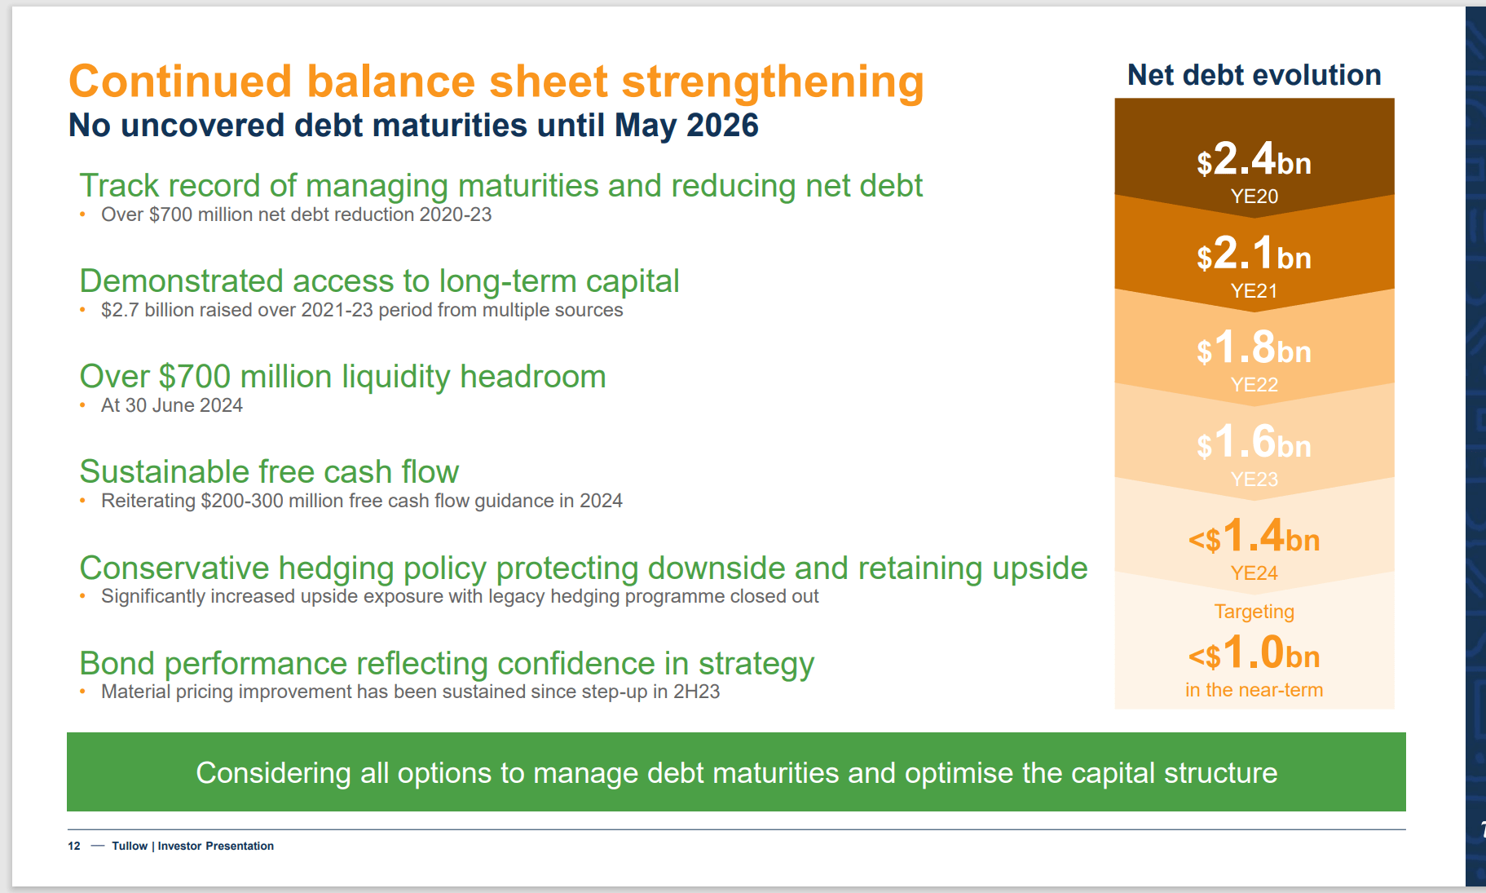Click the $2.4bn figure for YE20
coord(1254,159)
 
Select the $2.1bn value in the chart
coord(1254,254)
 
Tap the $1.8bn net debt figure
coord(1254,347)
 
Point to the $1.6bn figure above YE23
coord(1254,442)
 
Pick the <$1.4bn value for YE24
coord(1254,537)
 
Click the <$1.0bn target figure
coord(1254,652)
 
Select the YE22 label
coord(1255,385)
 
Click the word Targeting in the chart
coord(1255,612)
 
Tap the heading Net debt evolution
coord(1255,75)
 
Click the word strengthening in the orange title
coord(773,82)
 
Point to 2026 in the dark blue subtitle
coord(722,126)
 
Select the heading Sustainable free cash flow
coord(269,472)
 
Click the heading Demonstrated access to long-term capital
coord(379,281)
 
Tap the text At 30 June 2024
coord(172,405)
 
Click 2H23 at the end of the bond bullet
coord(697,692)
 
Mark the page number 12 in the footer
coord(74,846)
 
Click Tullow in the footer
coord(130,846)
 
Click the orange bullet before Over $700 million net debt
coord(82,214)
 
